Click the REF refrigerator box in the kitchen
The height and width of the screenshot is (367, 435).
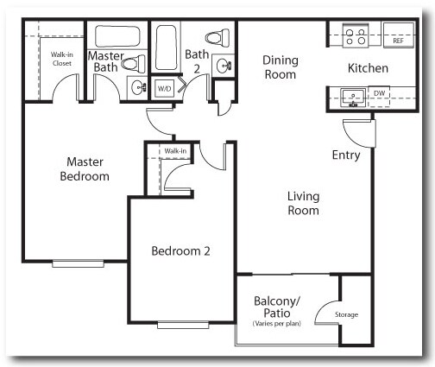398,40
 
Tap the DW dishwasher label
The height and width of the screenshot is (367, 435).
379,92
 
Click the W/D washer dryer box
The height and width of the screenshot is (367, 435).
164,88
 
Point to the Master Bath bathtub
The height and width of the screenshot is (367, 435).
120,38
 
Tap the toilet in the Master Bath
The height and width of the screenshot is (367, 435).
131,63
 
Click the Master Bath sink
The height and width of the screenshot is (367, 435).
138,87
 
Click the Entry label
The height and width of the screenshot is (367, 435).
346,155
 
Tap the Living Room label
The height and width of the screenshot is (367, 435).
303,203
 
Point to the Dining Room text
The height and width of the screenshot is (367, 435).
281,67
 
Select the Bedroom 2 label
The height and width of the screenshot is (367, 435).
181,251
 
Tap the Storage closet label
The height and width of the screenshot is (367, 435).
346,314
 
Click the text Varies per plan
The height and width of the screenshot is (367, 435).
277,323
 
